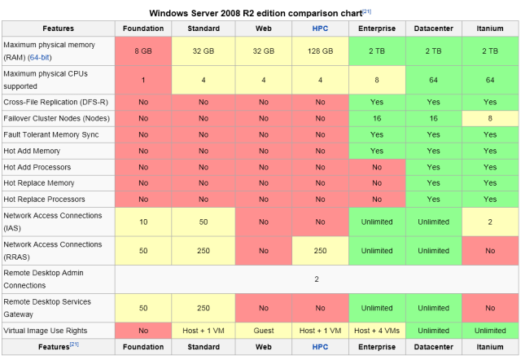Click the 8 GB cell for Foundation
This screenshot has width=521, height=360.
(142, 50)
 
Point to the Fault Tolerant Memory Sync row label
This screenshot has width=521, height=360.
(52, 134)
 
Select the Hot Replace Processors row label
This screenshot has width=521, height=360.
(44, 200)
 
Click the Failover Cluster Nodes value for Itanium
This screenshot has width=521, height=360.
(489, 118)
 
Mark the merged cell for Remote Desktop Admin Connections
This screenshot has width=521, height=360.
(317, 279)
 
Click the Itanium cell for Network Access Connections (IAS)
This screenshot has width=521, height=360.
(489, 222)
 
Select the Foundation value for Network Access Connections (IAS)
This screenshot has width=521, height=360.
(142, 222)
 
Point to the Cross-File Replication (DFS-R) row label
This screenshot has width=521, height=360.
(55, 102)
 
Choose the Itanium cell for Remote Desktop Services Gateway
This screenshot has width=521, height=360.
(489, 308)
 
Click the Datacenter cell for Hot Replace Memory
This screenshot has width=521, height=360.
(433, 183)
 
